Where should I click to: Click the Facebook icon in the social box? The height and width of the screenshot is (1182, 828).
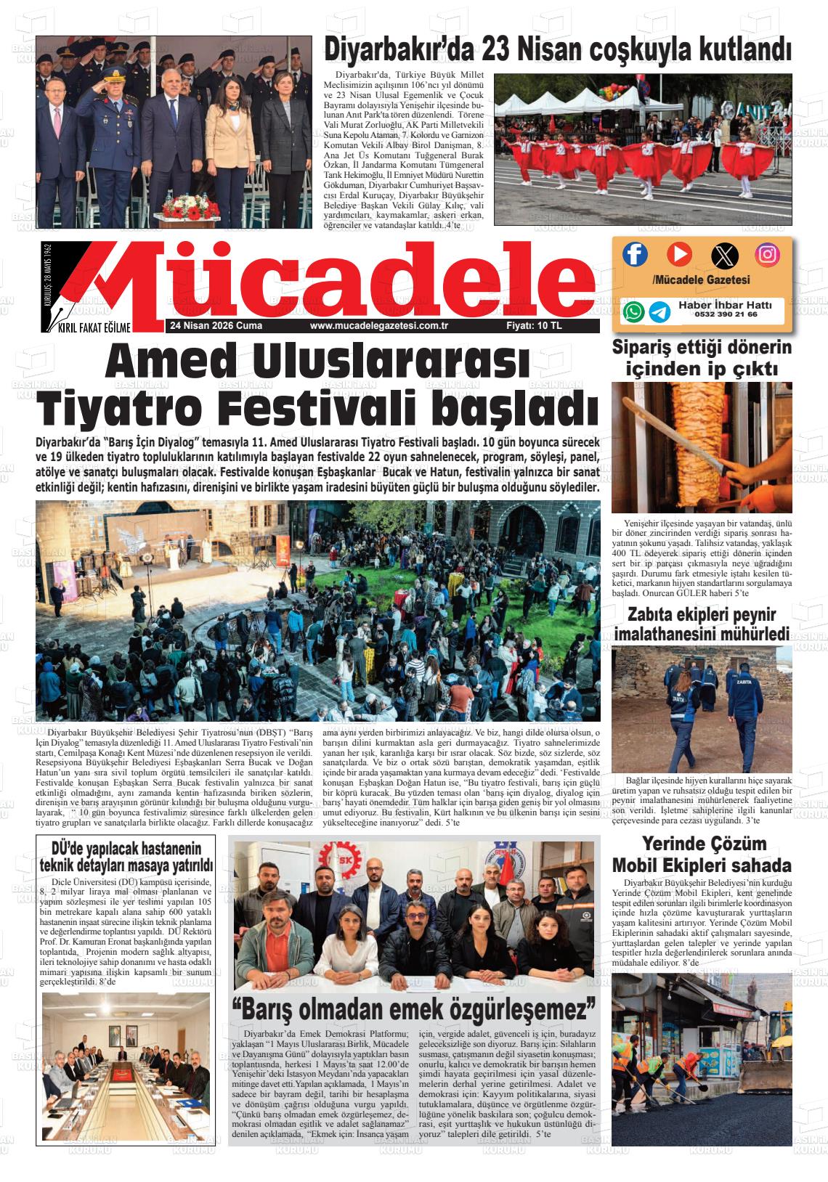[636, 254]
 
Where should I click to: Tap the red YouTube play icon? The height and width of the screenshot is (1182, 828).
[679, 254]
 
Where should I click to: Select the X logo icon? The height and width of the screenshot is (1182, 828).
[723, 255]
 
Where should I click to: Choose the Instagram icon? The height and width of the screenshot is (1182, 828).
[767, 254]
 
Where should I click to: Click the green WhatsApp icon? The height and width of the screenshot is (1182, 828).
[633, 312]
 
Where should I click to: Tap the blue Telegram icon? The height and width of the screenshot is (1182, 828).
[659, 312]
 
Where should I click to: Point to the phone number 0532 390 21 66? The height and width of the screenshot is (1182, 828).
[726, 315]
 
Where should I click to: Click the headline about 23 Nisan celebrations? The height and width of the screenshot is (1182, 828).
[556, 50]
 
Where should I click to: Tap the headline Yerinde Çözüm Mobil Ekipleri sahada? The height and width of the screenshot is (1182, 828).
[701, 855]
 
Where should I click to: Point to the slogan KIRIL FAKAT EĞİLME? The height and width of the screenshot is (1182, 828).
[94, 329]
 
